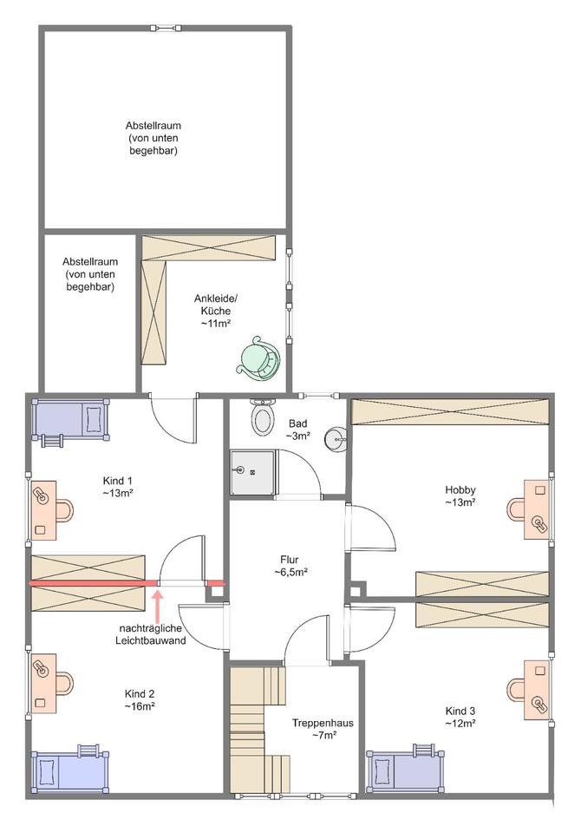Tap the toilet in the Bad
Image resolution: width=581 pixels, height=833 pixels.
pyautogui.click(x=262, y=420)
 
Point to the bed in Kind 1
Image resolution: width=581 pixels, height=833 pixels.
pyautogui.click(x=69, y=421)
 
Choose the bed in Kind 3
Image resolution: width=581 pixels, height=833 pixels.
pyautogui.click(x=406, y=769)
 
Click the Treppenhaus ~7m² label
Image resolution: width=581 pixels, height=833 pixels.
pyautogui.click(x=322, y=729)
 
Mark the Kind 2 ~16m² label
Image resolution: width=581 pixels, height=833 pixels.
pyautogui.click(x=140, y=700)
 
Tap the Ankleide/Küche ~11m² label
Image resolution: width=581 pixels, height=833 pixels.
pyautogui.click(x=215, y=311)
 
